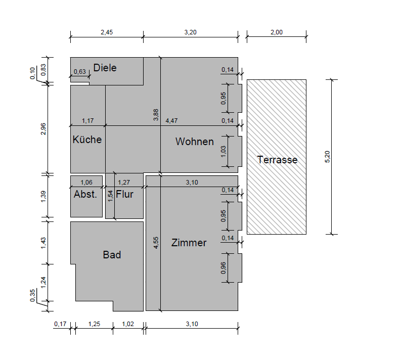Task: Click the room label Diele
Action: [x=105, y=68]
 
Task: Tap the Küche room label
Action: [x=87, y=140]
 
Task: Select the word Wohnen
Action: [x=195, y=142]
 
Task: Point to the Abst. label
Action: [x=85, y=194]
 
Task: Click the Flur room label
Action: [x=124, y=194]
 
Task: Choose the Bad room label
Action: [x=112, y=255]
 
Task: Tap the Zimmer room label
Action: [x=189, y=243]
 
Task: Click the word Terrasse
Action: [x=277, y=160]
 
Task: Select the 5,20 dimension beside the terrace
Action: [x=327, y=157]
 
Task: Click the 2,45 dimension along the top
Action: [x=107, y=32]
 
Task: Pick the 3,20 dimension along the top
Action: [x=190, y=32]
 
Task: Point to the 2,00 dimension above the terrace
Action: [x=277, y=32]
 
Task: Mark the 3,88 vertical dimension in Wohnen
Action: [x=156, y=115]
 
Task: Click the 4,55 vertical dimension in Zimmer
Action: [x=156, y=243]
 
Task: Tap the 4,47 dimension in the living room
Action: [x=171, y=120]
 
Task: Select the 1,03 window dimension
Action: [x=224, y=152]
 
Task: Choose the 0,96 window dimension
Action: [x=224, y=268]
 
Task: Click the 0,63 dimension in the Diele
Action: [x=80, y=71]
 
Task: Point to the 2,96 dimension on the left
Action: [x=43, y=129]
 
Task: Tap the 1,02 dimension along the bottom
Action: [x=128, y=324]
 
